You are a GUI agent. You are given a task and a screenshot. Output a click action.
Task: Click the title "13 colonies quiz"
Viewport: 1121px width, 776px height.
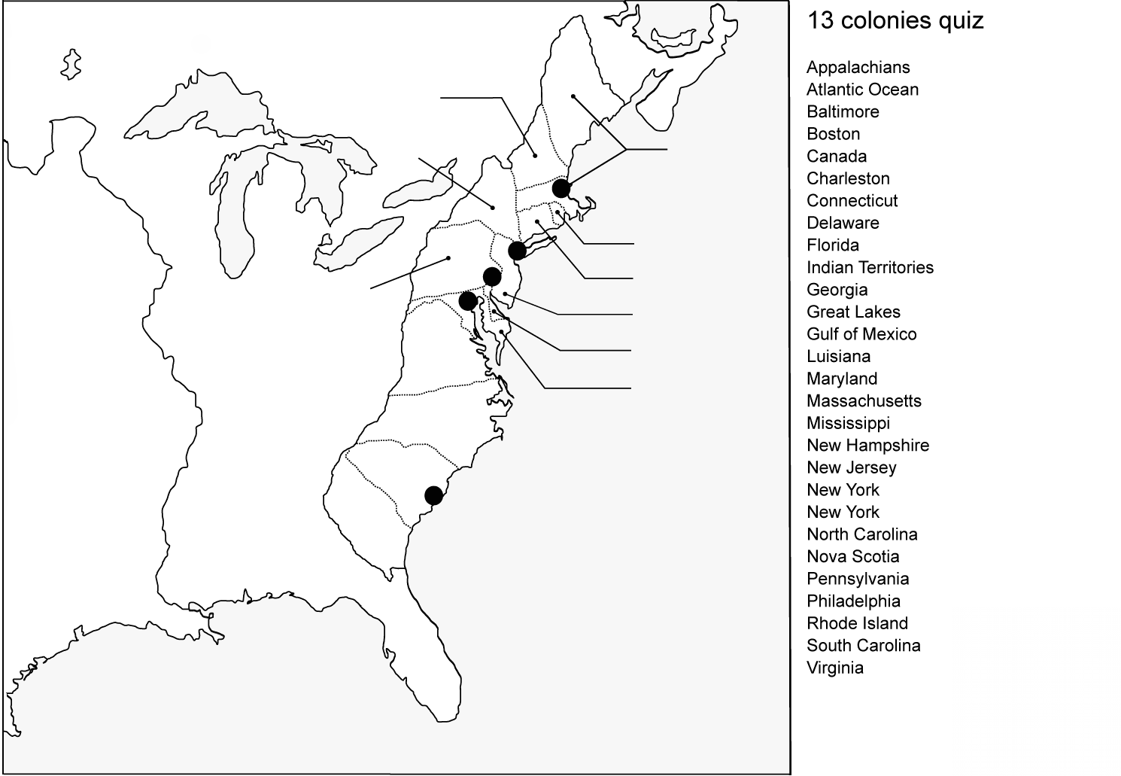tap(895, 20)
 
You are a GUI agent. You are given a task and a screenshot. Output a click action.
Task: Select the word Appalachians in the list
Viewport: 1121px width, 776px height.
tap(858, 67)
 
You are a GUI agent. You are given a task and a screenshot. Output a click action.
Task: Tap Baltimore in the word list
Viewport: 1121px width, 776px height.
tap(843, 111)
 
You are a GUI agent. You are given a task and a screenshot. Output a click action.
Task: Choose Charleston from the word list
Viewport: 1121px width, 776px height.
tap(848, 178)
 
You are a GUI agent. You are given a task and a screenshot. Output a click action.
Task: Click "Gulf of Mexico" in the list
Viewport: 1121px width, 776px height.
tap(861, 334)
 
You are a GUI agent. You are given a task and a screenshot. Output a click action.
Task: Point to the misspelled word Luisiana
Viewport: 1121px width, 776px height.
tap(838, 356)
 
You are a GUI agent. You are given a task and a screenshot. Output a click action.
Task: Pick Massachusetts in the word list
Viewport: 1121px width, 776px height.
tap(864, 400)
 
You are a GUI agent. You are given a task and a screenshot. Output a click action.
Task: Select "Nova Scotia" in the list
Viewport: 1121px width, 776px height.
tap(852, 556)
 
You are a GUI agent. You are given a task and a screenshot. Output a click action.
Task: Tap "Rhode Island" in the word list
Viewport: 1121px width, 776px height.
tap(857, 623)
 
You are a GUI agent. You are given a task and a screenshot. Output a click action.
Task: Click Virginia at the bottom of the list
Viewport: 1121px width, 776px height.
tap(834, 668)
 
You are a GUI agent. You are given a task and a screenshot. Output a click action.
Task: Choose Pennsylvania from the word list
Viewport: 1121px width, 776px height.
tap(858, 579)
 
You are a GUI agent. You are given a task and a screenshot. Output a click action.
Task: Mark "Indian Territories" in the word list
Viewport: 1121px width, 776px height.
tap(870, 267)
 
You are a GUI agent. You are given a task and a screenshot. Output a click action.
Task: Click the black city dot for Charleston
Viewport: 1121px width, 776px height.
tap(433, 495)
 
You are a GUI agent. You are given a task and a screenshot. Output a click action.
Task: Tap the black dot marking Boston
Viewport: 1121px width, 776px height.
tap(560, 188)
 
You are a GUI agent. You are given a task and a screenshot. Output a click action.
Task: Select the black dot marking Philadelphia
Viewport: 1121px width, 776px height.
tap(492, 276)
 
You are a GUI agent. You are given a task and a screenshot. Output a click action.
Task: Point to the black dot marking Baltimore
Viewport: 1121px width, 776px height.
tap(467, 301)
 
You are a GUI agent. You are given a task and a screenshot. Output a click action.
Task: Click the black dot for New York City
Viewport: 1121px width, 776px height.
tap(517, 250)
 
